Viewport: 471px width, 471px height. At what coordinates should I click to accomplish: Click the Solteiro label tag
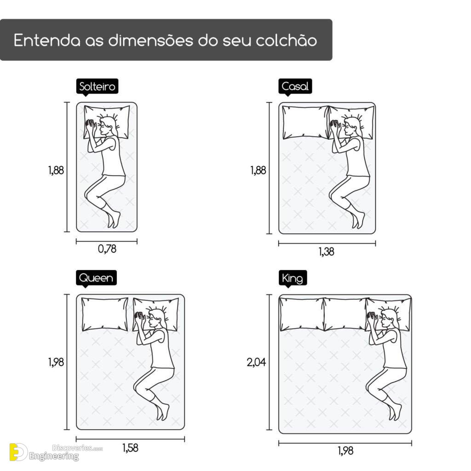point(97,86)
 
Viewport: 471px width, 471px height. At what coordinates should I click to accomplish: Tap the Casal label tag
point(295,86)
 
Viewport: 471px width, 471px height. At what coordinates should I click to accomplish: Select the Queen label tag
point(96,278)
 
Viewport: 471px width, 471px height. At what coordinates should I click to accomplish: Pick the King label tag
point(293,278)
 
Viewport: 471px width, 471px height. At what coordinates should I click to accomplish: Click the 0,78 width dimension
point(107,249)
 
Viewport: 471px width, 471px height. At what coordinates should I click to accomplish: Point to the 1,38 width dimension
point(327,252)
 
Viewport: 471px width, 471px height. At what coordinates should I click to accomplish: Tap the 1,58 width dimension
point(130,448)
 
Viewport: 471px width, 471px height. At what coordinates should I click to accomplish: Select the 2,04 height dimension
point(256,362)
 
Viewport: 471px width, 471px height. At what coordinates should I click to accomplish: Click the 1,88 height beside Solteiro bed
point(56,170)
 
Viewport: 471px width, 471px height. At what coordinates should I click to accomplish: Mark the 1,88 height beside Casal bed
point(258,170)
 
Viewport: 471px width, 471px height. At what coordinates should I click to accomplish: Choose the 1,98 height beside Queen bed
point(56,362)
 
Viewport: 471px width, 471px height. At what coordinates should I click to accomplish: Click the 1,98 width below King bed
point(345,451)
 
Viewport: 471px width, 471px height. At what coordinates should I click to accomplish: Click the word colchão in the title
point(286,40)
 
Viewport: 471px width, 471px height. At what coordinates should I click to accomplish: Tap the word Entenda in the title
point(47,40)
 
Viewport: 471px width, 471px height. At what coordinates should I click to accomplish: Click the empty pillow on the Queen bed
point(105,315)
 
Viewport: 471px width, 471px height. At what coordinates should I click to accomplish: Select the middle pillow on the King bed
point(345,314)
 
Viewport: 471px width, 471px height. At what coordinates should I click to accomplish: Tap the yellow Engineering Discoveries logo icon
point(18,452)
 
